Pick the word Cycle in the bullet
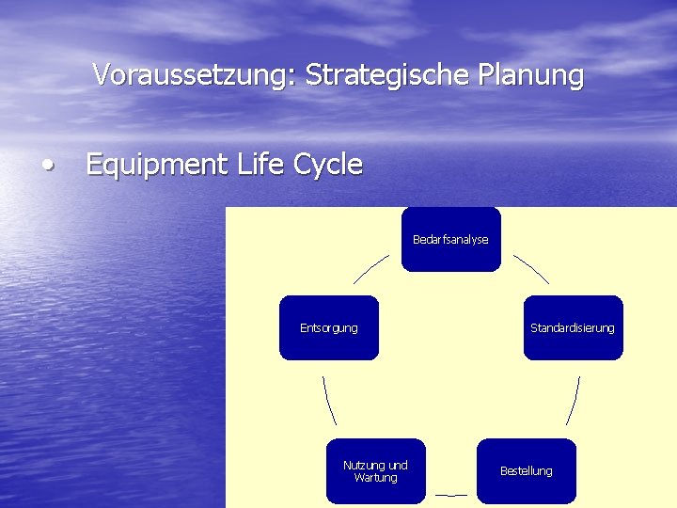328,166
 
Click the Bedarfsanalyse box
450,240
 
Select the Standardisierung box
573,327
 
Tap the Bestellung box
526,470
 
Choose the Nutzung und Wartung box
375,470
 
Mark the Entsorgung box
328,327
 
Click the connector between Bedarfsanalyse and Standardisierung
531,268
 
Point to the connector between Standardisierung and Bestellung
573,401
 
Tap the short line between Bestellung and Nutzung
450,495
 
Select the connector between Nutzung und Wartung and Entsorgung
329,401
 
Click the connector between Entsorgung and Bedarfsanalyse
370,268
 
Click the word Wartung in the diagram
375,478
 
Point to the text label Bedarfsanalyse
450,240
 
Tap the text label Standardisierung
573,328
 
